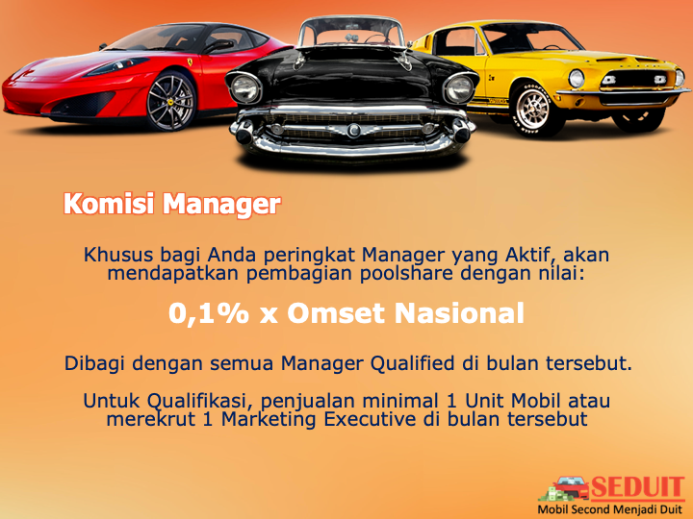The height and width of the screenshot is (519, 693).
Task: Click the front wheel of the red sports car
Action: tap(170, 102)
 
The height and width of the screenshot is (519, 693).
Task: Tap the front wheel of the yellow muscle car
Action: tap(532, 108)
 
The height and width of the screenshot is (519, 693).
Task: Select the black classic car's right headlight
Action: tap(459, 87)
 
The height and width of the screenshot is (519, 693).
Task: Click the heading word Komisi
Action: tap(109, 205)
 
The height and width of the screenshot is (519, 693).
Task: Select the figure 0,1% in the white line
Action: tap(209, 313)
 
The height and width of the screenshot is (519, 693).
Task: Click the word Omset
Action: tap(336, 313)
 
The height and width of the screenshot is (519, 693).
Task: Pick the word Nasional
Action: tap(459, 313)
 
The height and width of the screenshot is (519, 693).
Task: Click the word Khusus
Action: tap(118, 255)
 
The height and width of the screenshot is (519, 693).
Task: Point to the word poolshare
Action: tap(406, 274)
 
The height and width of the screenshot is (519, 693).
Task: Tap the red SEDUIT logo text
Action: tap(637, 488)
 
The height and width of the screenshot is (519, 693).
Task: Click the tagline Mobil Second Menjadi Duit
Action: tap(610, 509)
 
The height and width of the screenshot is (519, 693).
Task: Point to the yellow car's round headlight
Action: tap(576, 79)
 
